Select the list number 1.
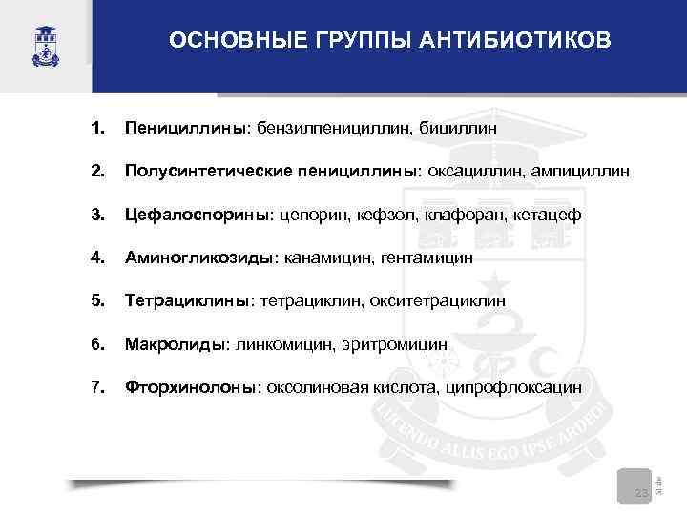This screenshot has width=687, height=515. pyautogui.click(x=96, y=127)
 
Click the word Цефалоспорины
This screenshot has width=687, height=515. pyautogui.click(x=198, y=215)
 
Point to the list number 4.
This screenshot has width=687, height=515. pyautogui.click(x=96, y=257)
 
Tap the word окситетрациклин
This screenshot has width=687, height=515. pyautogui.click(x=449, y=300)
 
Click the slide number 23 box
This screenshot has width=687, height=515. pyautogui.click(x=640, y=487)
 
